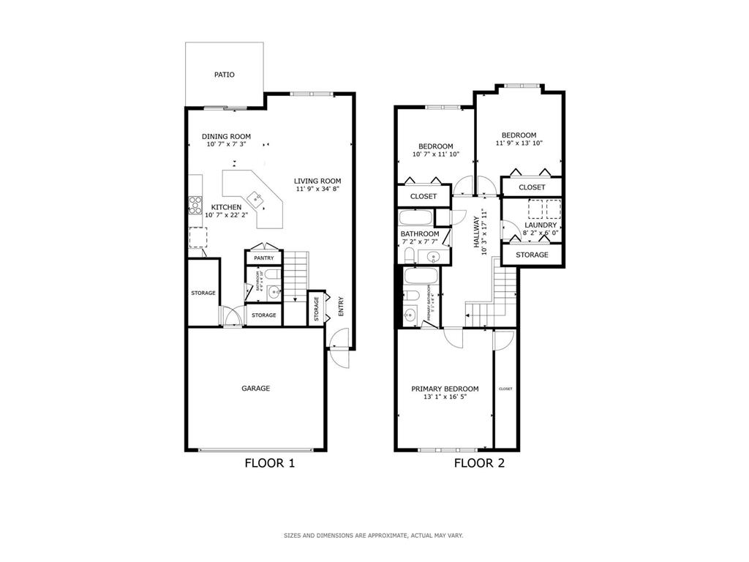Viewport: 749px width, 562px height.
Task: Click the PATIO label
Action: (x=224, y=75)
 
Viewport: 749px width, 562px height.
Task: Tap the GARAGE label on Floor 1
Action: (x=255, y=389)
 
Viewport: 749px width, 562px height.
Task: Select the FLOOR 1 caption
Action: (x=269, y=463)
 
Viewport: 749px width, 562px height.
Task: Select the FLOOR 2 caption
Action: (x=479, y=463)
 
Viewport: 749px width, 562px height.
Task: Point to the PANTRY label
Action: (x=263, y=258)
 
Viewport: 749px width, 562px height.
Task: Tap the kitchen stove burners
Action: (x=195, y=206)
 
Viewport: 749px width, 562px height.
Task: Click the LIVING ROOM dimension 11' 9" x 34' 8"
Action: (x=317, y=190)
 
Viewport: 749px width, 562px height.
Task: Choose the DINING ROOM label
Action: (x=226, y=137)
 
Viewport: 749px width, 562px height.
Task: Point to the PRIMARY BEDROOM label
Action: (x=445, y=389)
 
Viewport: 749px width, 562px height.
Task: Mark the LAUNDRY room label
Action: (x=541, y=225)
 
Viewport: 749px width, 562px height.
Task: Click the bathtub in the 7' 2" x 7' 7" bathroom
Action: (x=416, y=218)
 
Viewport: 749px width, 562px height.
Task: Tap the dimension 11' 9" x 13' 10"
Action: (x=519, y=143)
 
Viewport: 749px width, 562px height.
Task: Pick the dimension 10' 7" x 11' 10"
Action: (x=435, y=154)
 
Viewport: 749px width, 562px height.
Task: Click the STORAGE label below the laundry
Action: (x=532, y=255)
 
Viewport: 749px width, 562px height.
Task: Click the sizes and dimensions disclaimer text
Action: (x=373, y=536)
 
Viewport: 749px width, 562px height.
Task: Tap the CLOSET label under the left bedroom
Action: (x=423, y=196)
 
